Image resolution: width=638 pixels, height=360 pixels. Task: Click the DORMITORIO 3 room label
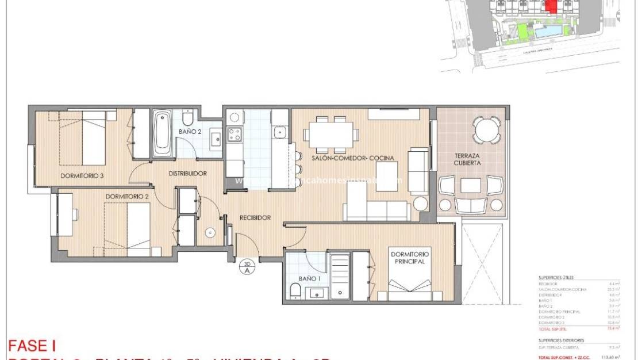click(82, 176)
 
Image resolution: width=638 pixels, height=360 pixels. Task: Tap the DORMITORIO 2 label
click(127, 196)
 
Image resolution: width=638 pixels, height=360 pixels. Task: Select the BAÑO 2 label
click(189, 132)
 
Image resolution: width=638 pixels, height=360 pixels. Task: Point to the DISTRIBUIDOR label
click(187, 173)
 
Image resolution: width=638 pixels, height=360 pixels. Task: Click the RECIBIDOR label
click(255, 217)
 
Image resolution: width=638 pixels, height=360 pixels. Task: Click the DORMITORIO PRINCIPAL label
click(410, 257)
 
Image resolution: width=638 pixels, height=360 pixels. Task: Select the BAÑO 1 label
click(309, 278)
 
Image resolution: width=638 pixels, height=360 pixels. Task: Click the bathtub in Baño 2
click(162, 133)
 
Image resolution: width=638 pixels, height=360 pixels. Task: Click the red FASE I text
click(32, 346)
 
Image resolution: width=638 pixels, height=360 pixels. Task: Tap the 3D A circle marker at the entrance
click(247, 266)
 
